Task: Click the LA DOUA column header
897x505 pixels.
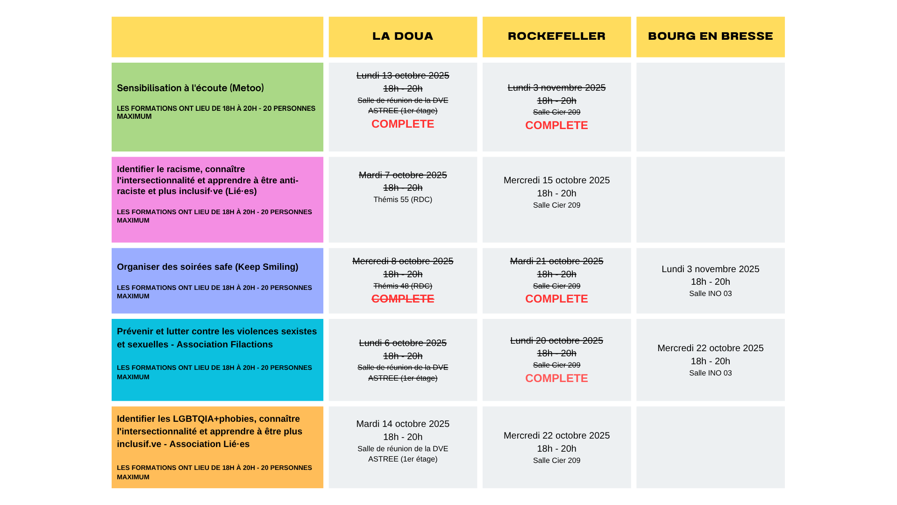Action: [x=403, y=36]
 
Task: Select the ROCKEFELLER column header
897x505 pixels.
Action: [x=556, y=36]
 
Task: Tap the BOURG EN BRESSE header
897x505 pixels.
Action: [x=710, y=36]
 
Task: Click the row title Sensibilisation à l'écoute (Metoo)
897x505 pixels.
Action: [x=190, y=88]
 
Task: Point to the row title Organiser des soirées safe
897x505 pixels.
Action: [x=207, y=267]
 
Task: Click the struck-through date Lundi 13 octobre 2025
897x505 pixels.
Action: [x=403, y=76]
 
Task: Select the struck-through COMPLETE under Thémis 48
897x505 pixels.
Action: [x=403, y=299]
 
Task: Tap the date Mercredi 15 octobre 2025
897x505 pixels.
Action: [x=556, y=180]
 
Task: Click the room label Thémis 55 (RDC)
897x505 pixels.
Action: [x=403, y=200]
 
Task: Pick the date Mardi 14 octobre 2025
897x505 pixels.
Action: [x=403, y=424]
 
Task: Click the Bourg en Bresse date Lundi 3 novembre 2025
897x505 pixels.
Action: [x=710, y=269]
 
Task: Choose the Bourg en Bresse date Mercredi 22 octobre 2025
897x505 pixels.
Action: [x=710, y=348]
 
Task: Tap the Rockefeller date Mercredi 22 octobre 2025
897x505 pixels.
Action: [x=556, y=436]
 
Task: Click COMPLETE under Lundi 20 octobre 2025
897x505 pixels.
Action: [x=556, y=378]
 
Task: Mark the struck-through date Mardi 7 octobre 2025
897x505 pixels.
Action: [x=403, y=175]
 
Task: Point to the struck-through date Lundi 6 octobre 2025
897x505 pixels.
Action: [x=403, y=343]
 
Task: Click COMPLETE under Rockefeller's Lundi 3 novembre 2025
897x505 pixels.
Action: [x=556, y=125]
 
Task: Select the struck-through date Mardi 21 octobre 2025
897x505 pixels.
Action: [x=556, y=261]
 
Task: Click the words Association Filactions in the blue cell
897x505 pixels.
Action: [x=224, y=345]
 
